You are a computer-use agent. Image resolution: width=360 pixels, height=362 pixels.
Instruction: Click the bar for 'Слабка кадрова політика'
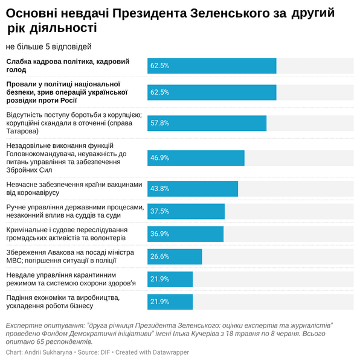(x=211, y=66)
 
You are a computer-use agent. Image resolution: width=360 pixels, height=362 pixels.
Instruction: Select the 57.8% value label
(x=159, y=123)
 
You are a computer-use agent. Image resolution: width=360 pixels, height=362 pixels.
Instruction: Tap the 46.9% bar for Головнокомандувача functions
(x=196, y=158)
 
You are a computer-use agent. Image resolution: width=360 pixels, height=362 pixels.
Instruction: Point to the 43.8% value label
(x=159, y=189)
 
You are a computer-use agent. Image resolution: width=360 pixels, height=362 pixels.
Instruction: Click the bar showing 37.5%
(x=185, y=211)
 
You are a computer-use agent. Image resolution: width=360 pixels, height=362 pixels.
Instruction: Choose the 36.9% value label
(x=159, y=234)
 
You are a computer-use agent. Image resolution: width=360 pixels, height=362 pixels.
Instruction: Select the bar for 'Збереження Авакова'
(x=175, y=256)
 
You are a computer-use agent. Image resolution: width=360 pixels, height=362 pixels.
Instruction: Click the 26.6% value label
(x=159, y=256)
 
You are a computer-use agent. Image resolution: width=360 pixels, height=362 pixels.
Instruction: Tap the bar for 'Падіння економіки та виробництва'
(x=170, y=302)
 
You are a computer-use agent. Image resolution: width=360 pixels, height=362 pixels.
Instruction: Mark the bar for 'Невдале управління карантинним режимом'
(x=170, y=279)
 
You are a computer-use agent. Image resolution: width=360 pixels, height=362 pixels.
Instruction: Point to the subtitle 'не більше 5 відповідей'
(x=49, y=46)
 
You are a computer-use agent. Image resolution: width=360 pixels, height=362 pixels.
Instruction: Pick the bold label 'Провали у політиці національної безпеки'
(x=66, y=92)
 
